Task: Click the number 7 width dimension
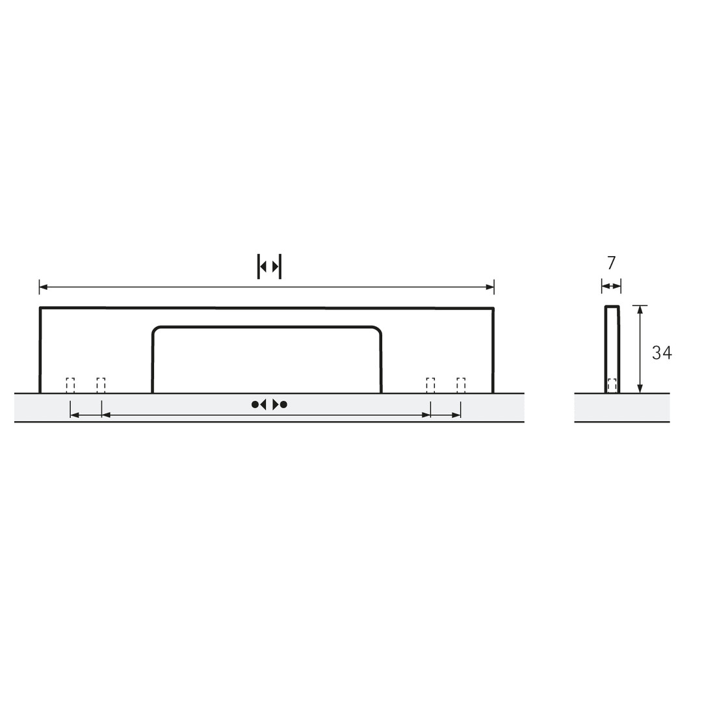click(x=612, y=263)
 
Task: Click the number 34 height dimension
click(x=662, y=353)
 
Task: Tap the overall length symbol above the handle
click(x=270, y=266)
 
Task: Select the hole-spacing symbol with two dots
click(x=269, y=405)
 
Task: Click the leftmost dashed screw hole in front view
click(x=70, y=385)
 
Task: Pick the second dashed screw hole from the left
click(x=101, y=385)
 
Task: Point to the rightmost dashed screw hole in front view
click(x=461, y=385)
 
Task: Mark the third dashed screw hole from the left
click(x=431, y=385)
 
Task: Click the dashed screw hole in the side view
click(x=612, y=385)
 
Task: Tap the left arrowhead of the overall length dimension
click(x=44, y=287)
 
